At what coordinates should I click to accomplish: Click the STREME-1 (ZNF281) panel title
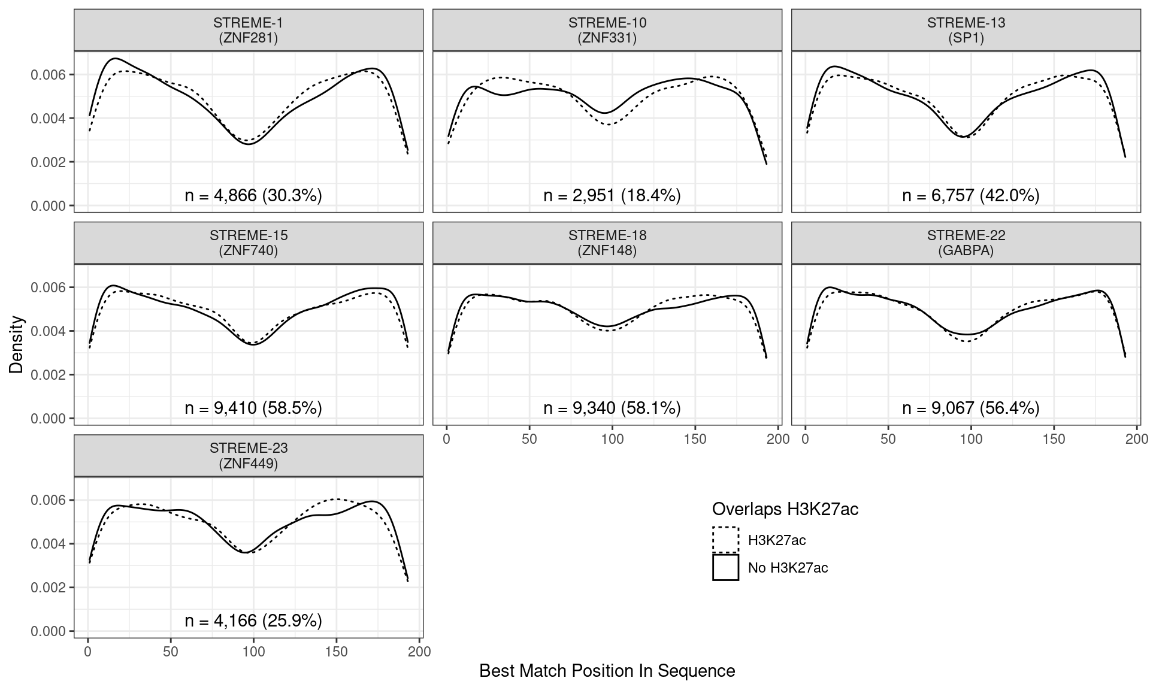(x=248, y=31)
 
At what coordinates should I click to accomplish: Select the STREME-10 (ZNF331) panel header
(x=607, y=31)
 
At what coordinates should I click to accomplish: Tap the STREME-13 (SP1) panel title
(x=966, y=31)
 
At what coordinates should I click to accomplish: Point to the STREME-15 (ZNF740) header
(x=248, y=243)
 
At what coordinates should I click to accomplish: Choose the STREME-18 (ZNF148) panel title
(x=607, y=243)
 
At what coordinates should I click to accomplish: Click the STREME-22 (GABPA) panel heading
(x=966, y=243)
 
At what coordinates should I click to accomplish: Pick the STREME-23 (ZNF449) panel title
(x=248, y=456)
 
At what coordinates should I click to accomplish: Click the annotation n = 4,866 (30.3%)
(x=253, y=195)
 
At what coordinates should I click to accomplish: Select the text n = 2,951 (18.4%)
(x=612, y=195)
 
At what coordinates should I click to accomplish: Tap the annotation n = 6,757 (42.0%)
(x=971, y=195)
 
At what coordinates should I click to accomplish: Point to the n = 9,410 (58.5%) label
(x=253, y=408)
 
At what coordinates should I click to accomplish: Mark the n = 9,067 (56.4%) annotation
(x=971, y=408)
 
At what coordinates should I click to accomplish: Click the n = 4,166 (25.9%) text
(x=253, y=621)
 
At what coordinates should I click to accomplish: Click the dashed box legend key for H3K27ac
(x=725, y=540)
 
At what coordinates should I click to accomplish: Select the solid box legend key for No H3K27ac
(x=725, y=567)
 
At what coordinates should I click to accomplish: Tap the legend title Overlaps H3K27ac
(x=785, y=509)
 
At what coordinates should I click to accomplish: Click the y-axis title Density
(x=17, y=344)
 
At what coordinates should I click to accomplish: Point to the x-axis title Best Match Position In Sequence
(x=607, y=671)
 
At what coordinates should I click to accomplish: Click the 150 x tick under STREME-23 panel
(x=337, y=652)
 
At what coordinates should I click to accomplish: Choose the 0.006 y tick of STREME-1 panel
(x=52, y=75)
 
